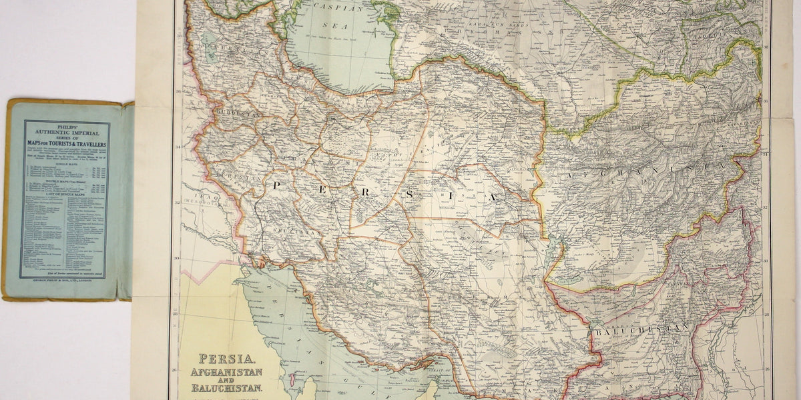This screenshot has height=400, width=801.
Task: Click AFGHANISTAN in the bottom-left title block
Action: [x=227, y=372]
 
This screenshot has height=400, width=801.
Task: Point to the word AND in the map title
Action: [x=227, y=380]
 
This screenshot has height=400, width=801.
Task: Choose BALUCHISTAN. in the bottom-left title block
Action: [x=227, y=388]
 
